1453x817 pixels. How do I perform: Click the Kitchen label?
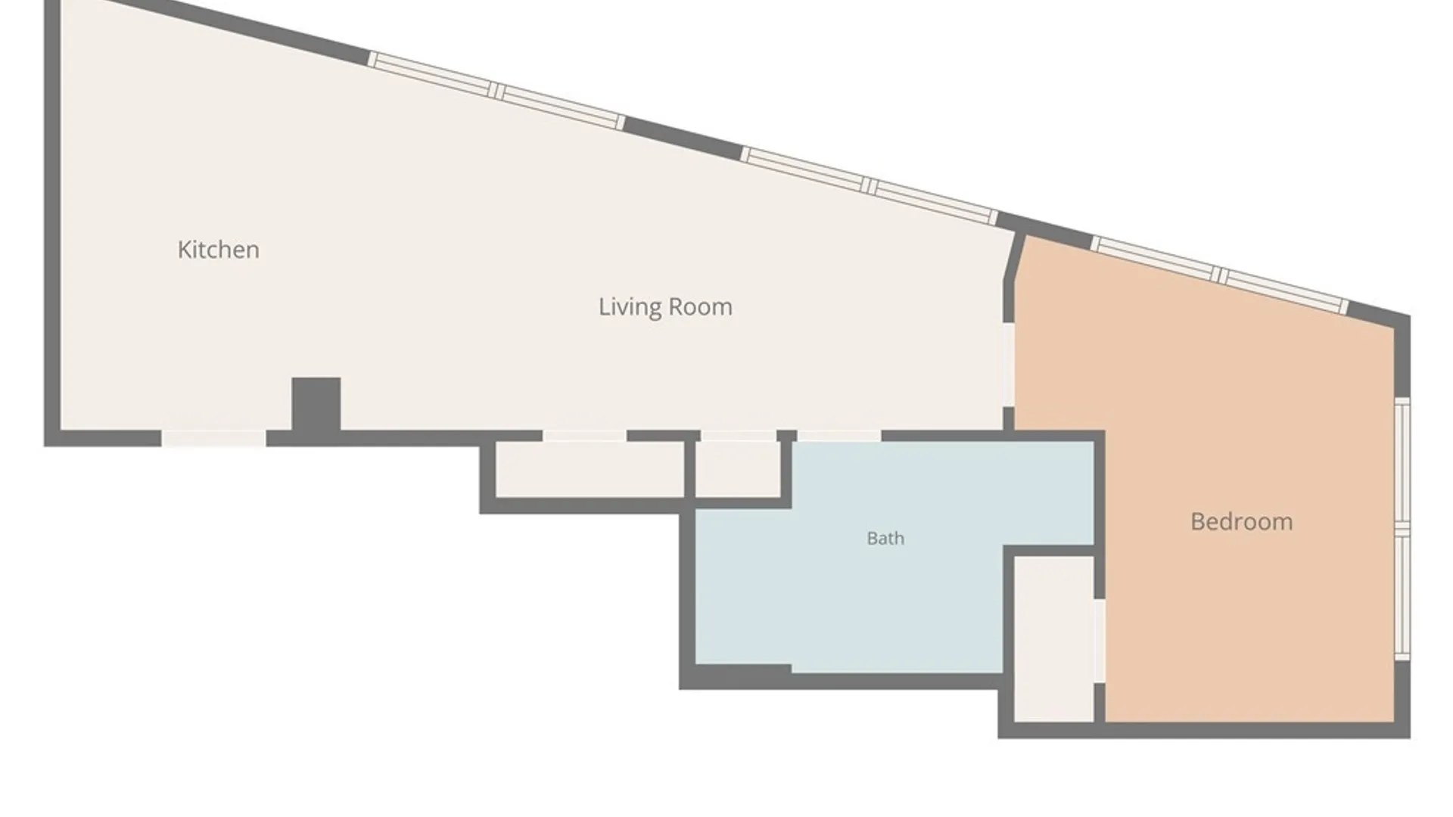pos(218,250)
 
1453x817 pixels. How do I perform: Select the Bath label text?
pos(885,539)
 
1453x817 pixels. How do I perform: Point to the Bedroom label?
pos(1241,521)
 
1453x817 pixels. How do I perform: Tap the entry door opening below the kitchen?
pos(213,438)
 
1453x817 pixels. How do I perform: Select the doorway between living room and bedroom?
pos(1009,365)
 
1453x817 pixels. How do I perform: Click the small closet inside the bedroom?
pos(1054,639)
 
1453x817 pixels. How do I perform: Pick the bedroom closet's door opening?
pos(1100,641)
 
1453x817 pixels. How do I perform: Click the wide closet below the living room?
pos(590,469)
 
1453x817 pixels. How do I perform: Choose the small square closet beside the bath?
pos(738,469)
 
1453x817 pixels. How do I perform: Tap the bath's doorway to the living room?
pos(839,436)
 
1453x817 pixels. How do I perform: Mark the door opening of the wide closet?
pos(584,436)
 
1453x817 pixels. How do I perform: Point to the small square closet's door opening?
pos(739,436)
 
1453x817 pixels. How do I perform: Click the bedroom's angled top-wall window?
pos(1220,275)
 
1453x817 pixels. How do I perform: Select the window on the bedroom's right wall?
pos(1402,529)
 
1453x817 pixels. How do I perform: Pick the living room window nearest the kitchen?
pos(496,91)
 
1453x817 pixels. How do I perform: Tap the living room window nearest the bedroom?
pos(869,186)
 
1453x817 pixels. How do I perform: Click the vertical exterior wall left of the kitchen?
pos(52,223)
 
